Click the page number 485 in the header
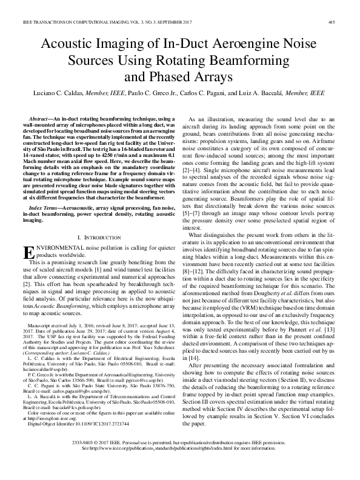(x=332, y=23)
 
